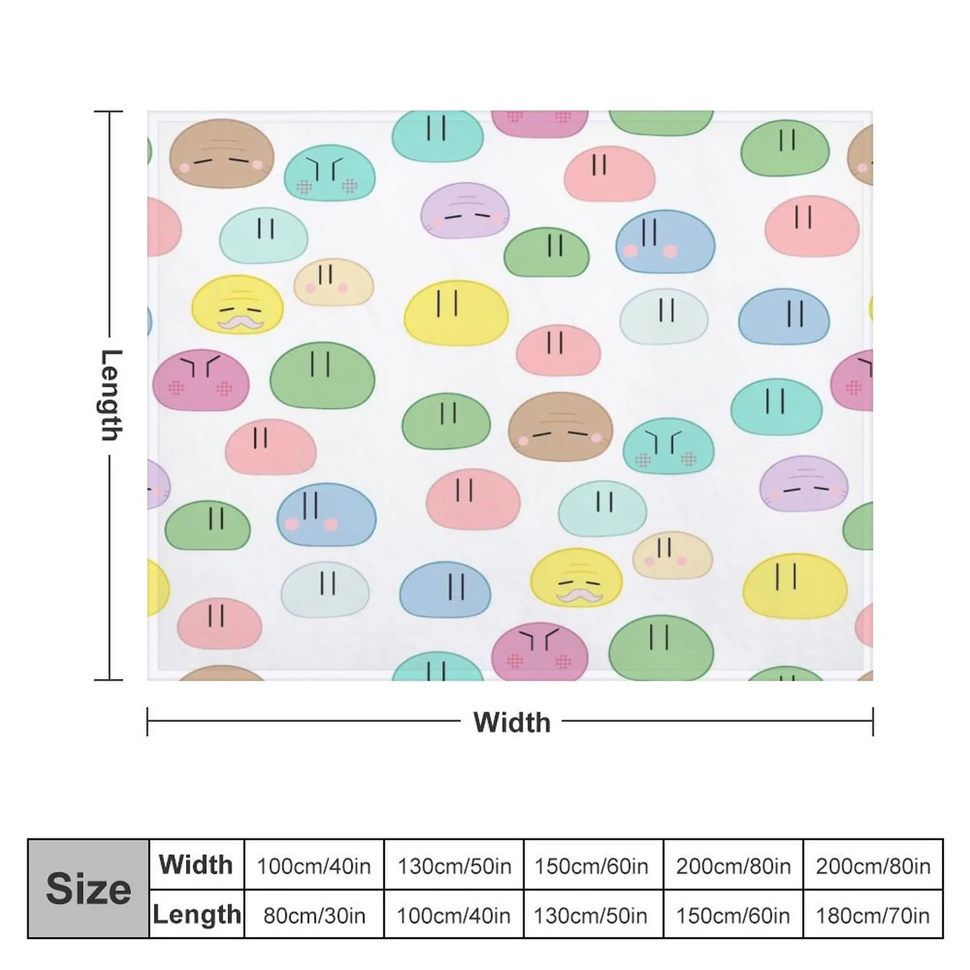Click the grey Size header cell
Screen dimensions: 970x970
(x=89, y=889)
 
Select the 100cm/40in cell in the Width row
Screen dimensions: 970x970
(x=313, y=866)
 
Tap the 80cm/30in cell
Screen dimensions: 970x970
(x=313, y=915)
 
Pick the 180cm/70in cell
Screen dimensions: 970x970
(x=872, y=915)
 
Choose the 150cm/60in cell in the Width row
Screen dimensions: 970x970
(x=591, y=866)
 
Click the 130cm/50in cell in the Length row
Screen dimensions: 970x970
(x=591, y=915)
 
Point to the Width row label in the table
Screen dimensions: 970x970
(x=196, y=865)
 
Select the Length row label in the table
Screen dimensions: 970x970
(x=196, y=914)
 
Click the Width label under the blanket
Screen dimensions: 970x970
(x=512, y=722)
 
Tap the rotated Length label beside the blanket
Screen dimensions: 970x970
(x=110, y=395)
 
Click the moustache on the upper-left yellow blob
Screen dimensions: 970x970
(x=241, y=323)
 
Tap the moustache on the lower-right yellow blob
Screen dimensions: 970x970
(x=580, y=596)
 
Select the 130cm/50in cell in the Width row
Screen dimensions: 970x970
(x=453, y=866)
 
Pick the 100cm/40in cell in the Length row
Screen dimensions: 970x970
(x=453, y=915)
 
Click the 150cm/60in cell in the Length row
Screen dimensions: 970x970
(x=733, y=915)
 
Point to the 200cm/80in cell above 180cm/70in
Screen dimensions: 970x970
(x=872, y=866)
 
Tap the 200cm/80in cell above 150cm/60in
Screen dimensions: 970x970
(x=733, y=866)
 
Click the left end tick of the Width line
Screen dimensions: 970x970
(x=147, y=721)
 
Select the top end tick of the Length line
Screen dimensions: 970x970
(x=109, y=112)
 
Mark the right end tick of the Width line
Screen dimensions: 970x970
(x=872, y=721)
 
